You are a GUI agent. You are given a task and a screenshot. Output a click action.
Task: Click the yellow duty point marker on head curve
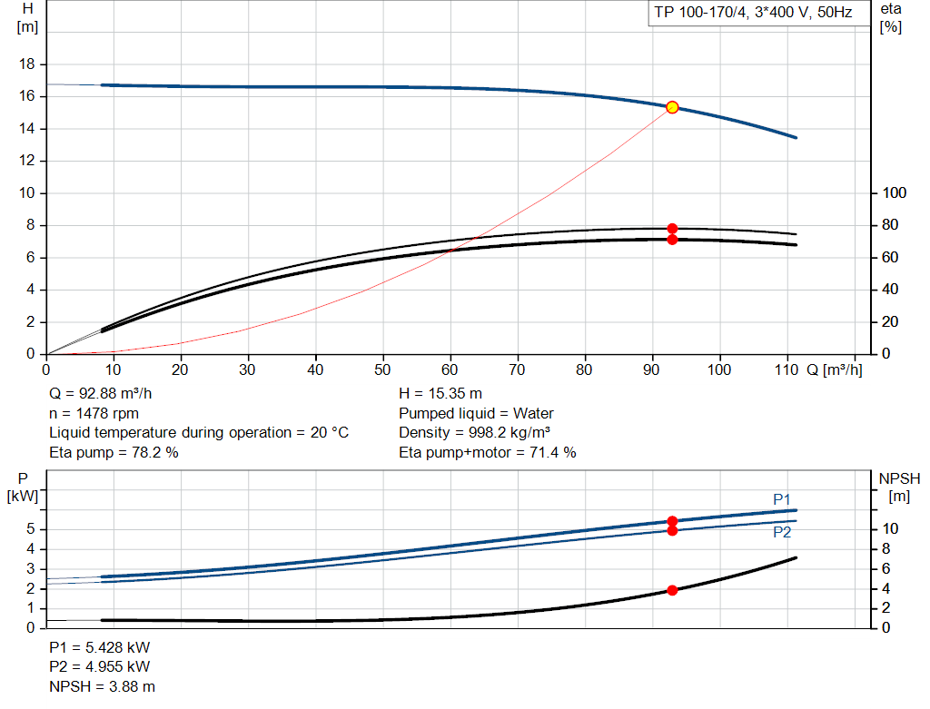(672, 107)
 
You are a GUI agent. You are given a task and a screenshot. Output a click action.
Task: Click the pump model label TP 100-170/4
(752, 14)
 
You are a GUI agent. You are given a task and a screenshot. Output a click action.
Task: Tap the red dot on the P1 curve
(672, 521)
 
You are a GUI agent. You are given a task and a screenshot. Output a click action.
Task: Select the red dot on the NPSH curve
(672, 590)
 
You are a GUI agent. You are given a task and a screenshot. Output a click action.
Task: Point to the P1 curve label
(782, 499)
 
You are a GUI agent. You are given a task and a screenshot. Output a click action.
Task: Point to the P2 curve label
(782, 533)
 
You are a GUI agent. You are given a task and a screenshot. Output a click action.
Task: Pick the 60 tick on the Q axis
(450, 369)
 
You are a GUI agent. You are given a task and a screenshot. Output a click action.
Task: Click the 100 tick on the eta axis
(895, 193)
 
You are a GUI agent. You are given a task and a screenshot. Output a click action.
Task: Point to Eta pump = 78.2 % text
(114, 452)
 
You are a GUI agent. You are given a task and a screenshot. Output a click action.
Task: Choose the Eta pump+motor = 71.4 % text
(488, 452)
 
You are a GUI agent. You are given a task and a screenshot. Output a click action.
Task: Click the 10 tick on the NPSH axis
(892, 528)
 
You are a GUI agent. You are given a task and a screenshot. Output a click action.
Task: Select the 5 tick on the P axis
(31, 528)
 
